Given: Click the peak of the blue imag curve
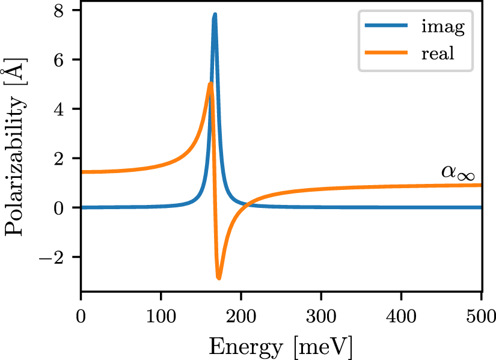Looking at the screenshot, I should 215,14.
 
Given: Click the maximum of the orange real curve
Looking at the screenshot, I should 210,84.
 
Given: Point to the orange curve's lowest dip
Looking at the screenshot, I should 219,278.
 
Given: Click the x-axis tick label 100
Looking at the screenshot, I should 161,314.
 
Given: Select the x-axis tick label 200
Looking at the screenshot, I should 241,314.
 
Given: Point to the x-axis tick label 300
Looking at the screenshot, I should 321,314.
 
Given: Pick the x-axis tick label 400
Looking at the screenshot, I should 402,314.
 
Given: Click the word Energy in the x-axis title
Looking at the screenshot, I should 245,347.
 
